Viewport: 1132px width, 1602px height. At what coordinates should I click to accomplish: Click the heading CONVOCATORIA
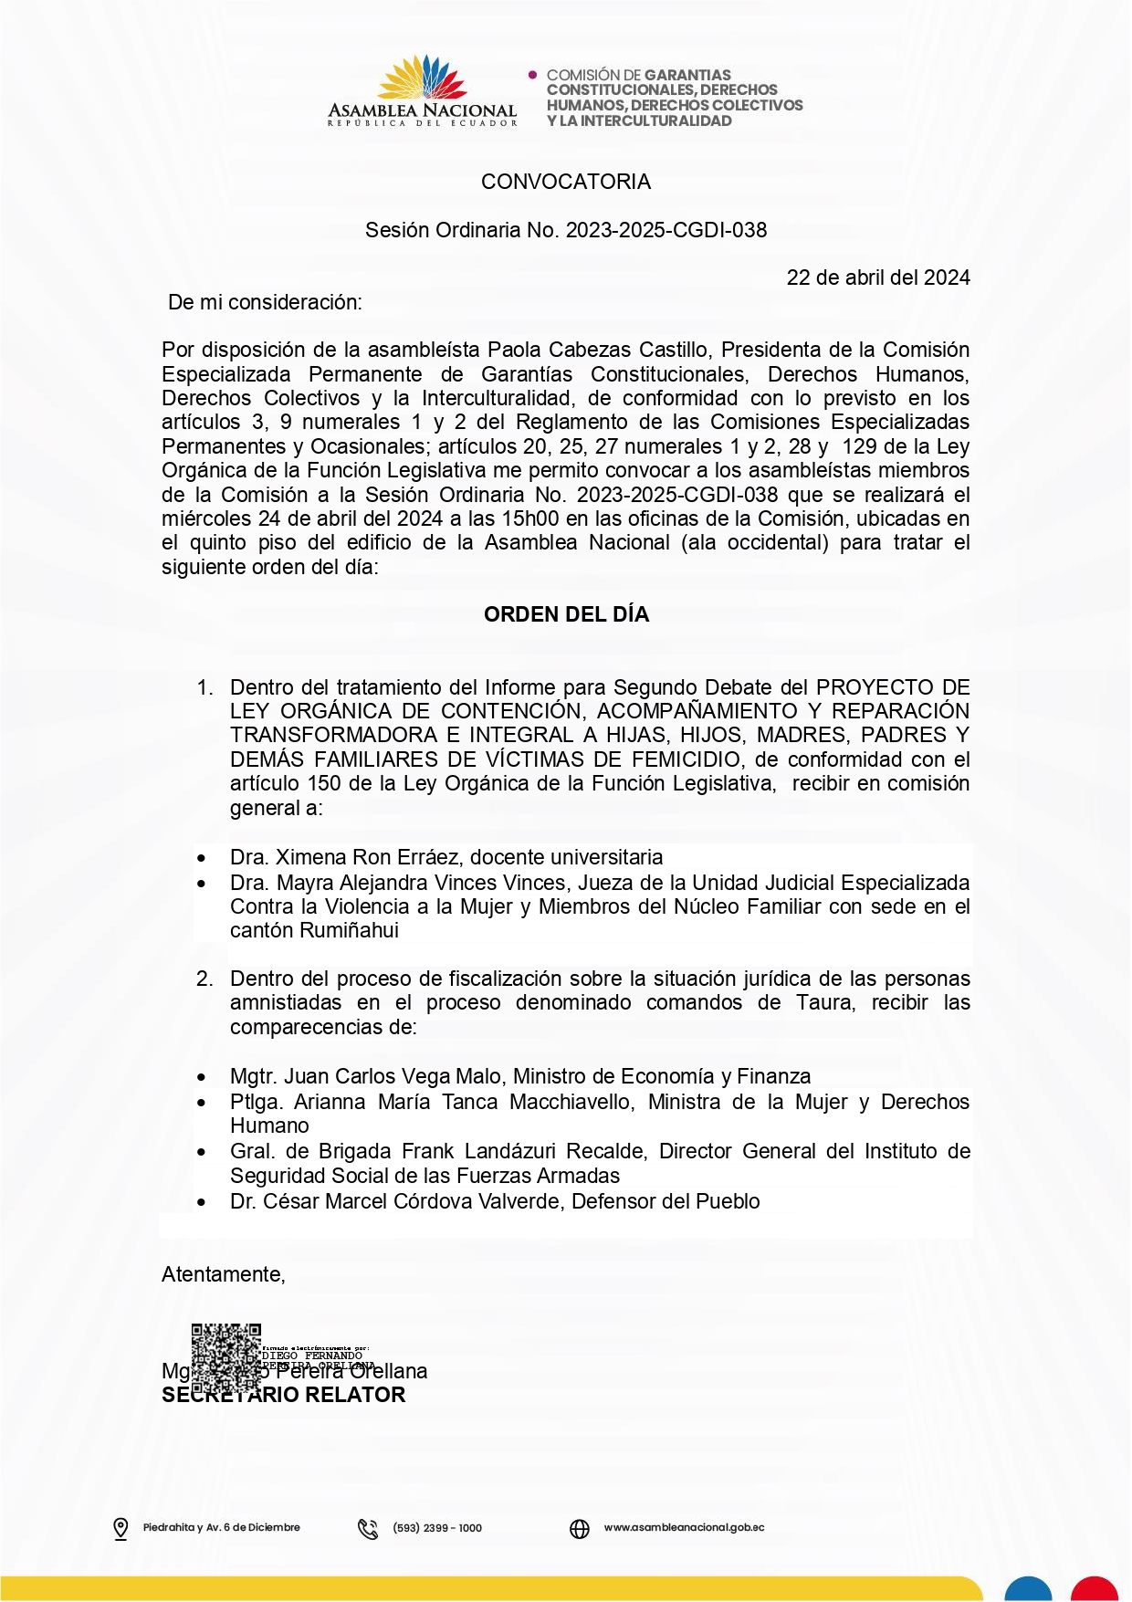point(566,182)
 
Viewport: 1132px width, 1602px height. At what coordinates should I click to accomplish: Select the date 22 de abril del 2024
point(878,277)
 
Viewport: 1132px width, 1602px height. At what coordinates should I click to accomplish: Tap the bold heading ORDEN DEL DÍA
point(566,614)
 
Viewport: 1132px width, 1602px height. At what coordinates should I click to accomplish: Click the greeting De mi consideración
point(265,302)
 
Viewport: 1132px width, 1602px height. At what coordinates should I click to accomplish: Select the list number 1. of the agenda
point(205,687)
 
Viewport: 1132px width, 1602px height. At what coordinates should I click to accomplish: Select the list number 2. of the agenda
point(205,979)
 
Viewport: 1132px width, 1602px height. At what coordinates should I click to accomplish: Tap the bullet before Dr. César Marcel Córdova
point(202,1203)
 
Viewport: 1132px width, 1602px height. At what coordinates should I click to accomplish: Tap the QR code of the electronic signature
point(226,1359)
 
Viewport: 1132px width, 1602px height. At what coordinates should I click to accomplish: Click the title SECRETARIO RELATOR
point(283,1395)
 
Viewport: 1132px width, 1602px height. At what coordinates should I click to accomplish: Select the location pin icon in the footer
point(121,1528)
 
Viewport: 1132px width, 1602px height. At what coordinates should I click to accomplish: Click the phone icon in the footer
point(368,1528)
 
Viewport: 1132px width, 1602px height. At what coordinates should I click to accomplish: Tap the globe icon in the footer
point(580,1528)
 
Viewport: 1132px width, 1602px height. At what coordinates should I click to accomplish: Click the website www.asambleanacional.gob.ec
point(684,1527)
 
